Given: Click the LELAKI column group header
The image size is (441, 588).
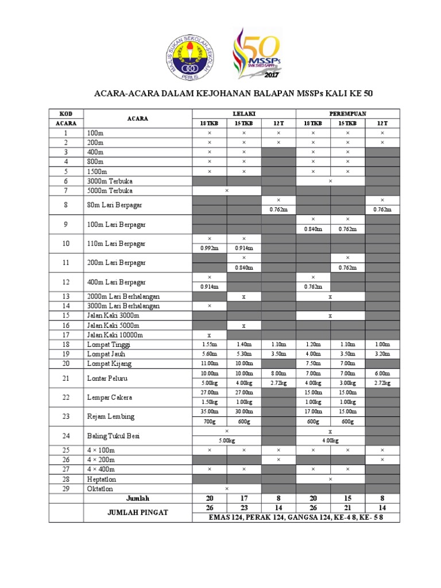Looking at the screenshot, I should [243, 114].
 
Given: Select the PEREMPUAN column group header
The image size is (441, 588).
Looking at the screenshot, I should [347, 114].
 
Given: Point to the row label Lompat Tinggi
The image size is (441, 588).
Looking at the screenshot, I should [109, 345].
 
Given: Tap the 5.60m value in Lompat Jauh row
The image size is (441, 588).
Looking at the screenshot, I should [209, 354].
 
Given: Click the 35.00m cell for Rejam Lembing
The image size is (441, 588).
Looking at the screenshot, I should [209, 411].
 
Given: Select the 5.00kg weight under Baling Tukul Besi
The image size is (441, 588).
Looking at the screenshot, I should [226, 441].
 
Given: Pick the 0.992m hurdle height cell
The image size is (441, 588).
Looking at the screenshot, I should [209, 247].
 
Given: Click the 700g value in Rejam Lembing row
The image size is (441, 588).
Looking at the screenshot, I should [209, 421].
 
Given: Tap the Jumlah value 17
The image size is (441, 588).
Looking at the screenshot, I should [243, 498].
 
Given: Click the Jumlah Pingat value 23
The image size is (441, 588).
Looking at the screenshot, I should [243, 508].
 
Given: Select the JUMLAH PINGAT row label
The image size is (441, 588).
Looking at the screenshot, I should [138, 512].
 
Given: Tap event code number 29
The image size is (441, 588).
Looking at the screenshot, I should [66, 489].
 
